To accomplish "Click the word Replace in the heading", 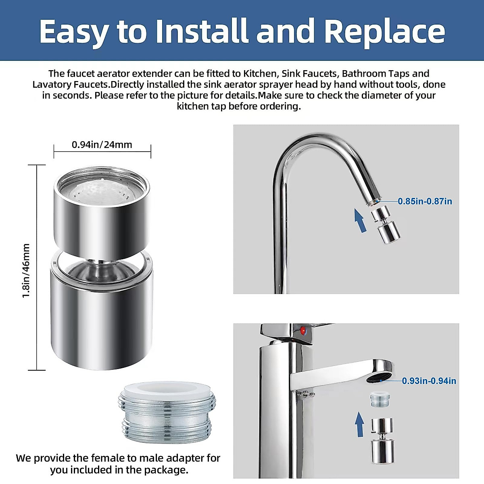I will [x=384, y=32].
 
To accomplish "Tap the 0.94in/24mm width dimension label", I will [x=102, y=144].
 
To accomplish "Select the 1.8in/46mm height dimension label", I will [x=26, y=271].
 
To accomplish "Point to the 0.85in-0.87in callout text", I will [x=425, y=201].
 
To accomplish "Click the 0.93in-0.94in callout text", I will [x=429, y=381].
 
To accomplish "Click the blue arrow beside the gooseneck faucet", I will [x=360, y=220].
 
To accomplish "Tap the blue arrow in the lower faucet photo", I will [x=359, y=424].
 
